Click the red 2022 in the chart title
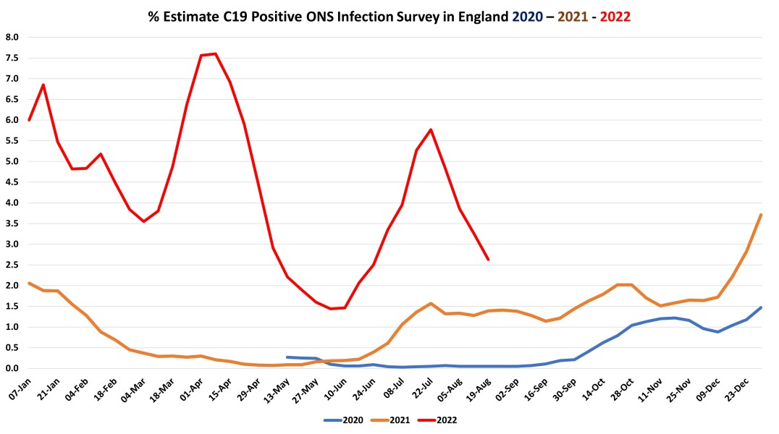click(615, 17)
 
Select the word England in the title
click(479, 17)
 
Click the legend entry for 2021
click(395, 419)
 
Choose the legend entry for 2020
click(342, 419)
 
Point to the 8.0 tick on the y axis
click(13, 37)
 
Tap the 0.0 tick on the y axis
click(13, 368)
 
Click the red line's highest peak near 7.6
click(216, 54)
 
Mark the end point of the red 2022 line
click(488, 259)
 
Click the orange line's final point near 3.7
click(761, 215)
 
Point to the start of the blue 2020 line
click(287, 357)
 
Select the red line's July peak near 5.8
click(431, 129)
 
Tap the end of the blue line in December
click(761, 307)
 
